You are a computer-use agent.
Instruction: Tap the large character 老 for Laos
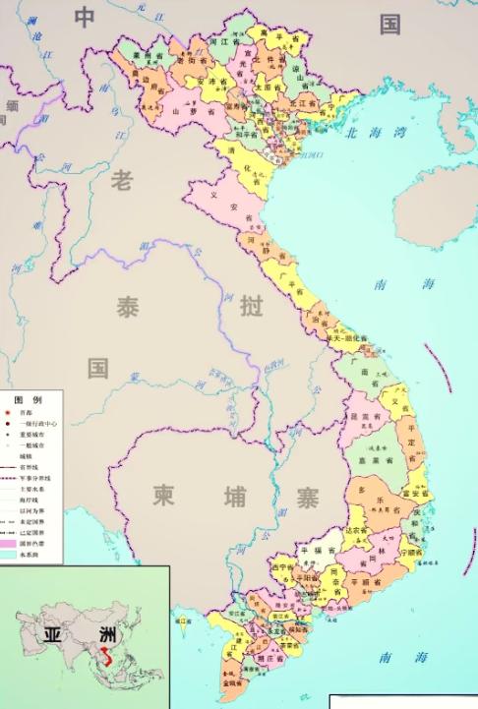click(121, 181)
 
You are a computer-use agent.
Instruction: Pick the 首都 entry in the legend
click(39, 414)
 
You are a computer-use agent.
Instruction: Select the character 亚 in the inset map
click(52, 635)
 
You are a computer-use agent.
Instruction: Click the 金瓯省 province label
click(232, 679)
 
